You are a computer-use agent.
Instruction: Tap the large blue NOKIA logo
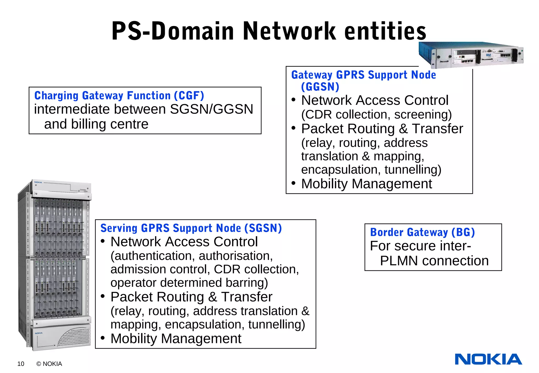click(488, 359)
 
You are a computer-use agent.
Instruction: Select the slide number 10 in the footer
click(21, 364)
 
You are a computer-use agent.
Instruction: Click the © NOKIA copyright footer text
click(49, 364)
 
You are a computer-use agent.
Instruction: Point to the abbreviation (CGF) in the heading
click(189, 95)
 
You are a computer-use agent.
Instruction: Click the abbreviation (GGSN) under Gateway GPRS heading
click(320, 87)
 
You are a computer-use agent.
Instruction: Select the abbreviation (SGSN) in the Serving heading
click(263, 228)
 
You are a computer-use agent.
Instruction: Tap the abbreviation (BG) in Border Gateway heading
click(463, 232)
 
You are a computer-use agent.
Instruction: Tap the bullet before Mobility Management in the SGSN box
click(103, 338)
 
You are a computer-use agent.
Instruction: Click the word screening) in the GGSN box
click(423, 114)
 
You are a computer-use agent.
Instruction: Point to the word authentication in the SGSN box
click(153, 256)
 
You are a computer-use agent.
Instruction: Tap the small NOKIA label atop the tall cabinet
click(38, 182)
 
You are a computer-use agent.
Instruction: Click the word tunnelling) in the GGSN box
click(413, 169)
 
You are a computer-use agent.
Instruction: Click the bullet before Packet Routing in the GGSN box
click(294, 128)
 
